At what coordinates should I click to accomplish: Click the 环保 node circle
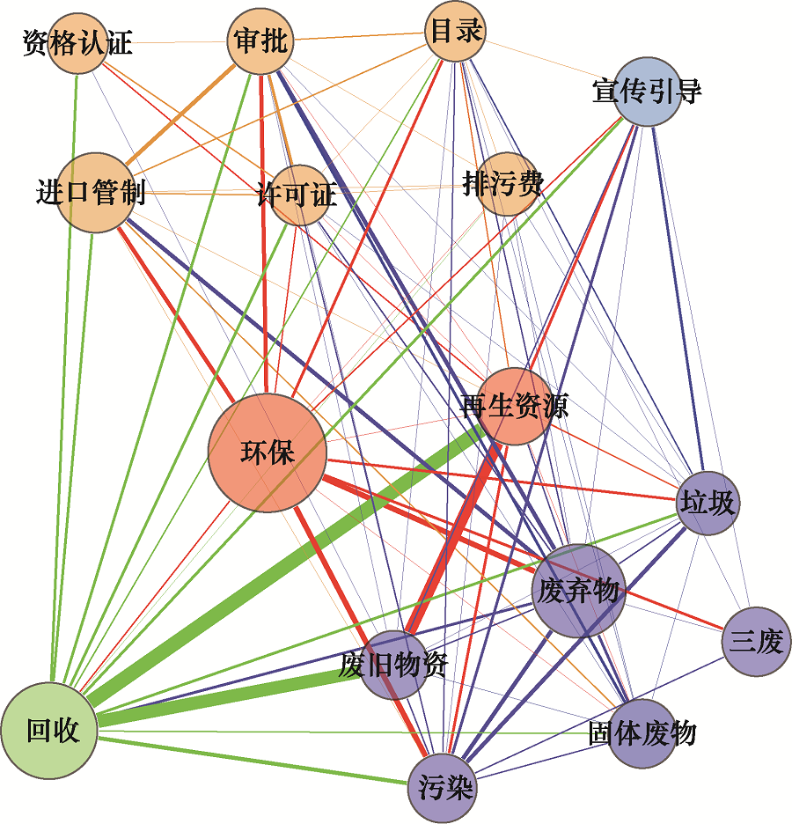click(267, 452)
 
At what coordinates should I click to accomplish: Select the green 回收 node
click(50, 730)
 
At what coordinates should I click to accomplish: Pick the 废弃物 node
click(578, 591)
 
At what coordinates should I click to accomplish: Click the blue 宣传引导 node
click(647, 92)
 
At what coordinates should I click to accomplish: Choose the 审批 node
click(260, 40)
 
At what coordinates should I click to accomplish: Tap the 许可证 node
click(297, 195)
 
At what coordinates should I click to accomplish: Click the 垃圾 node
click(708, 504)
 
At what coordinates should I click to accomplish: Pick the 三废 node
click(755, 642)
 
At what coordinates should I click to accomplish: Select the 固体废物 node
click(642, 733)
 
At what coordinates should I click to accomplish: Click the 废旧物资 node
click(394, 665)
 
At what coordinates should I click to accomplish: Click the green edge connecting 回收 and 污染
click(255, 759)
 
